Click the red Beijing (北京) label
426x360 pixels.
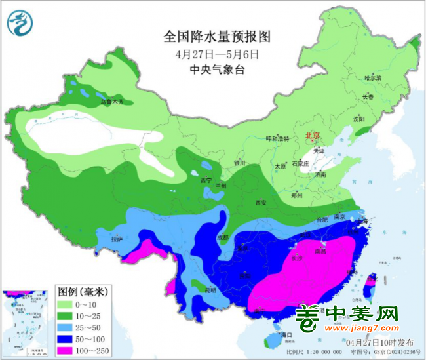click(313, 136)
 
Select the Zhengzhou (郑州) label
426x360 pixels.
click(297, 195)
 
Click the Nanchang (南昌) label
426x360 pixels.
click(321, 250)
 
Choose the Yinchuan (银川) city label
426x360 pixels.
click(240, 163)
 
